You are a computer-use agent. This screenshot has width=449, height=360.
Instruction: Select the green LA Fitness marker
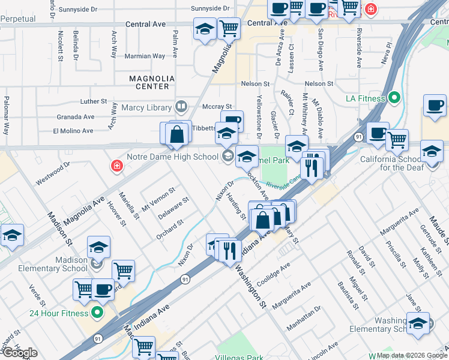(x=394, y=97)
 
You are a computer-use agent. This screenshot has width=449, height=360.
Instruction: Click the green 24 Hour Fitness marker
(x=97, y=313)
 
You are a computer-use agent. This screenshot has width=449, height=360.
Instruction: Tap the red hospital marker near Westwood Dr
(x=116, y=166)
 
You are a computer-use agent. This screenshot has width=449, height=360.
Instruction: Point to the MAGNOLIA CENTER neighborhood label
(x=152, y=82)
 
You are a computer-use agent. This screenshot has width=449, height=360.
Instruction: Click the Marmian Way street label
(x=145, y=56)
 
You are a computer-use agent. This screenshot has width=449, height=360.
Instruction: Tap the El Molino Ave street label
(x=73, y=130)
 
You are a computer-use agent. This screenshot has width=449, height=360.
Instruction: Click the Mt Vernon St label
(x=158, y=199)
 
